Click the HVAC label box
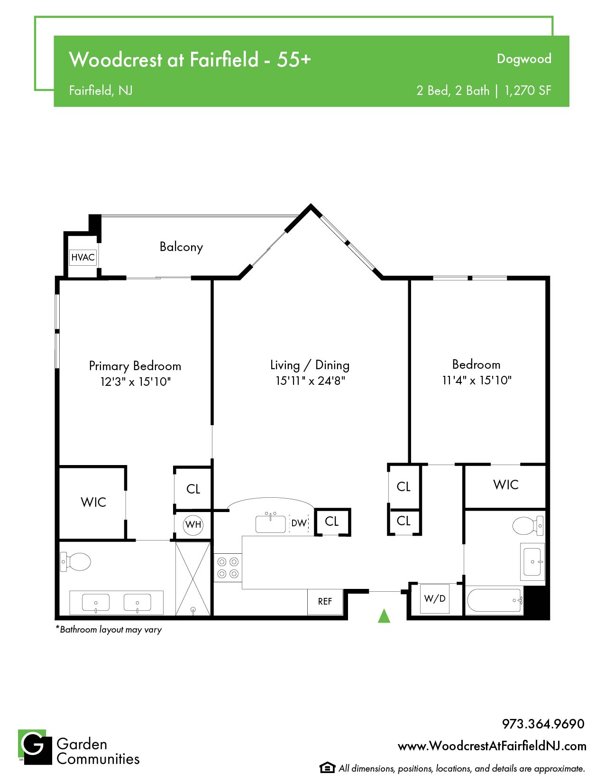click(83, 257)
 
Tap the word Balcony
click(181, 247)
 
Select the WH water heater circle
click(193, 525)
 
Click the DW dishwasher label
click(299, 523)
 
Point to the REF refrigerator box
click(325, 601)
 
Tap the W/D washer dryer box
click(434, 598)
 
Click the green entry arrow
click(384, 615)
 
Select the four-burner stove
click(228, 568)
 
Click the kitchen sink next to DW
click(270, 523)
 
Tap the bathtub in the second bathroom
click(495, 600)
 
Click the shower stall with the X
click(193, 578)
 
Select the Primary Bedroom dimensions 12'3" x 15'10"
click(135, 382)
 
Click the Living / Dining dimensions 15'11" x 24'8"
click(310, 381)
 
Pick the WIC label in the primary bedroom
click(93, 502)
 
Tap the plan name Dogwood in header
click(524, 59)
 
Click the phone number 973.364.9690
click(543, 724)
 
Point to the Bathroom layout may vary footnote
click(109, 630)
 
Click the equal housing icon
click(327, 768)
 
